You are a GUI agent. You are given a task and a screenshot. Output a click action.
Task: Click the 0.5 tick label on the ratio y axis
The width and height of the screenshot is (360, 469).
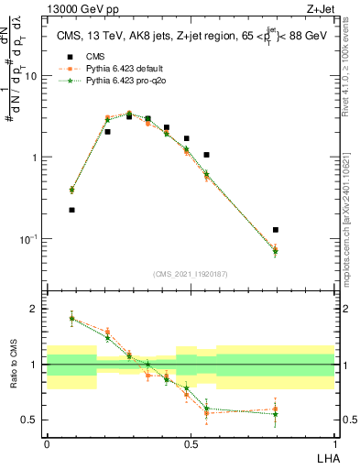[x=31, y=420]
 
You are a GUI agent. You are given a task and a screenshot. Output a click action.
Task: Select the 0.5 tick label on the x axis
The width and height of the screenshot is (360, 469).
[x=191, y=443]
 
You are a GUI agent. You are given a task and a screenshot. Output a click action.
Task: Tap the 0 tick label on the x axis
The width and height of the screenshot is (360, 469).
[x=47, y=443]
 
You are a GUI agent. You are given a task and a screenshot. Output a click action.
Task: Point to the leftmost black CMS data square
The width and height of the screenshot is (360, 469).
[x=71, y=210]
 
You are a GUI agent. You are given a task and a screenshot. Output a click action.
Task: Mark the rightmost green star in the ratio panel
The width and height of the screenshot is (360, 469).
[x=275, y=414]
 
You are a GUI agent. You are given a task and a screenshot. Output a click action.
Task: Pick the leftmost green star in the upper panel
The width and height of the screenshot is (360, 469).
[x=71, y=190]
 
